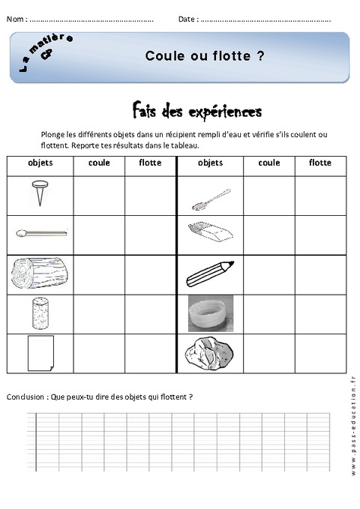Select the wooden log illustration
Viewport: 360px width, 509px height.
(x=39, y=274)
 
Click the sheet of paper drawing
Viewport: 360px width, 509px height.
(x=39, y=352)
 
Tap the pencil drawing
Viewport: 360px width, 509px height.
(x=210, y=274)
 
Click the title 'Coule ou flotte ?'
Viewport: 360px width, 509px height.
(x=204, y=55)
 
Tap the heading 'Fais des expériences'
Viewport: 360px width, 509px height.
(x=196, y=112)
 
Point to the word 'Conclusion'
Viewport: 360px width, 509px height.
(x=25, y=397)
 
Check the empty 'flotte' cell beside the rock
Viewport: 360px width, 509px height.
(x=320, y=352)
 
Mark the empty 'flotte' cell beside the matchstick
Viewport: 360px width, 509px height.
(x=149, y=234)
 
